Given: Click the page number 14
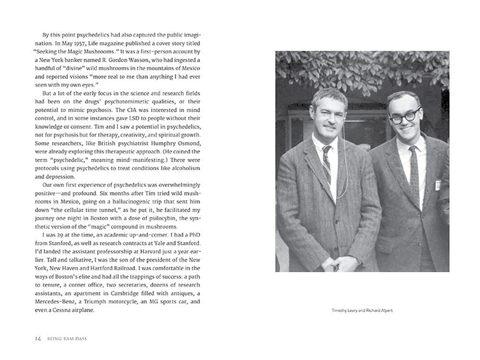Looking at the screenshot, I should pos(38,338).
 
